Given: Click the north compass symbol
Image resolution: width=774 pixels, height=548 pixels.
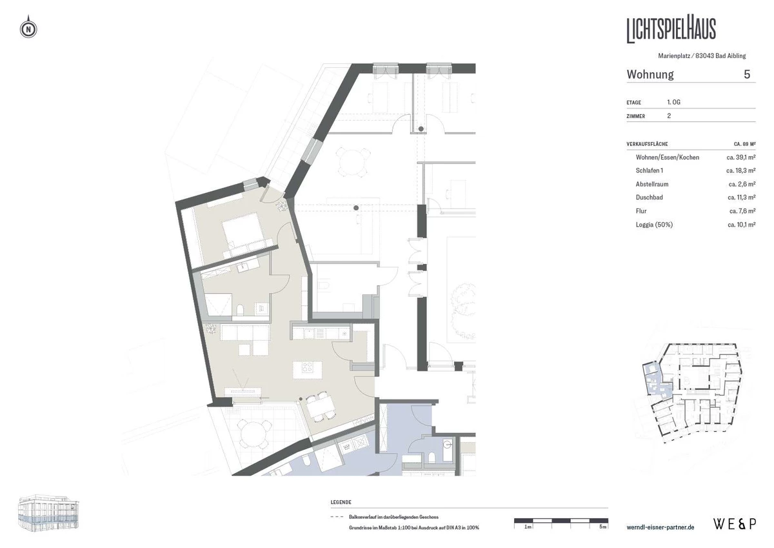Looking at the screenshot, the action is click(x=28, y=28).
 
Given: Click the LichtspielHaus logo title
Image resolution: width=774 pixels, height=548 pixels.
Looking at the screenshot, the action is click(x=671, y=30).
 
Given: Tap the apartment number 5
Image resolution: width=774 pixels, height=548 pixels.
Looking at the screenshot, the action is click(x=747, y=74).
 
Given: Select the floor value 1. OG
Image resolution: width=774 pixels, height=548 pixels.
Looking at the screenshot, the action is click(x=674, y=102).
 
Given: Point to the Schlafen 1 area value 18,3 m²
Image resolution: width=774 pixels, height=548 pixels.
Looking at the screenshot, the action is click(x=741, y=170).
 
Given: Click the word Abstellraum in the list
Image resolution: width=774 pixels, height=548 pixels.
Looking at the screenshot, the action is click(x=652, y=184).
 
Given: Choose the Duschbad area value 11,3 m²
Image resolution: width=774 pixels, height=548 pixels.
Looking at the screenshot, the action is click(x=742, y=198).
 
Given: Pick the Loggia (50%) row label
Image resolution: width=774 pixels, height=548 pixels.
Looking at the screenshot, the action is click(x=654, y=225).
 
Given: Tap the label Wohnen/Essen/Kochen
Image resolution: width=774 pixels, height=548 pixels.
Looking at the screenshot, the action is click(x=668, y=157).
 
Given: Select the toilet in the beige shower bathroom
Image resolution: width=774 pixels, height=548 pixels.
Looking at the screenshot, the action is click(x=240, y=310).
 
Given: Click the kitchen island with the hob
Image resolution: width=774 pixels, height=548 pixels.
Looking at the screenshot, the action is click(x=307, y=370).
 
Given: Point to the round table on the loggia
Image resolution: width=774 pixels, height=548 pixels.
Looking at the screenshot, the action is click(x=255, y=435).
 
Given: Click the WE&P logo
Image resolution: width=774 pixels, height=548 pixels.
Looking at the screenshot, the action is click(x=735, y=524).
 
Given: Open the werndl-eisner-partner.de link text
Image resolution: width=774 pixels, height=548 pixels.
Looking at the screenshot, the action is click(x=660, y=527).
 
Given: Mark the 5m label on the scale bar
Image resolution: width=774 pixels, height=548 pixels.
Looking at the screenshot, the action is click(x=602, y=527).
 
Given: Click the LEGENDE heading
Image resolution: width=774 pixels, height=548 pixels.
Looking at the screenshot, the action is click(x=341, y=502).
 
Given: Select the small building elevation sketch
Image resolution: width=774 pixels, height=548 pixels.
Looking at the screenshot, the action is click(x=48, y=512).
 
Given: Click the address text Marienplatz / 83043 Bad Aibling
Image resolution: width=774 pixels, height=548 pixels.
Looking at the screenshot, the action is click(x=702, y=56).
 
